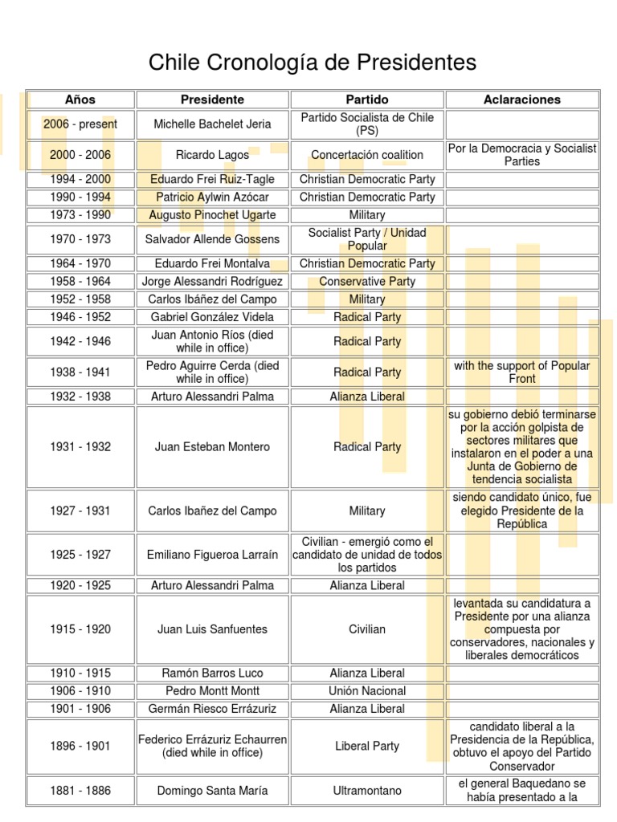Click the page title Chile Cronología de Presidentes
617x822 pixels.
point(313,63)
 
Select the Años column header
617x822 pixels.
point(80,100)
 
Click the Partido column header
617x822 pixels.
point(366,100)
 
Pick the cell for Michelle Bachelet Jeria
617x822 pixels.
point(212,124)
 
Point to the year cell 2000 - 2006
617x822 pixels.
point(80,155)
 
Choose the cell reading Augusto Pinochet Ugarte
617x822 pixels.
point(212,215)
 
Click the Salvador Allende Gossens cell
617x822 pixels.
point(212,239)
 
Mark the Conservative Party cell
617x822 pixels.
point(366,282)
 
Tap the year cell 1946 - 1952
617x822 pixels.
point(80,317)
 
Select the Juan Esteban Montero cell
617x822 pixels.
point(212,447)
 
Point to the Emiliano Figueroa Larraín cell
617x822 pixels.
point(212,555)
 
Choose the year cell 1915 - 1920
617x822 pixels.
point(80,629)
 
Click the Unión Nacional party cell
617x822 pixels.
point(366,691)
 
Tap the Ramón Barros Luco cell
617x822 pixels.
point(212,673)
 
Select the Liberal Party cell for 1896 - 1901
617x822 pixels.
point(366,747)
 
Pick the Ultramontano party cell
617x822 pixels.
point(366,791)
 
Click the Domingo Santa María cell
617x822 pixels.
point(212,791)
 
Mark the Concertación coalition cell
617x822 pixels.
point(366,155)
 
